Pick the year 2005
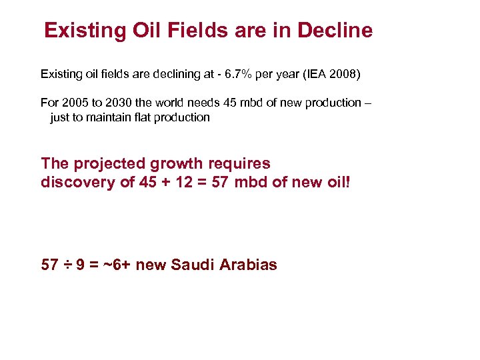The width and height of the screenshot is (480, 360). point(73,103)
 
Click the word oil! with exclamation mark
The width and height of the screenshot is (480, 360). point(337,182)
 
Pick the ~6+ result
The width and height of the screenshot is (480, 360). point(119,265)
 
